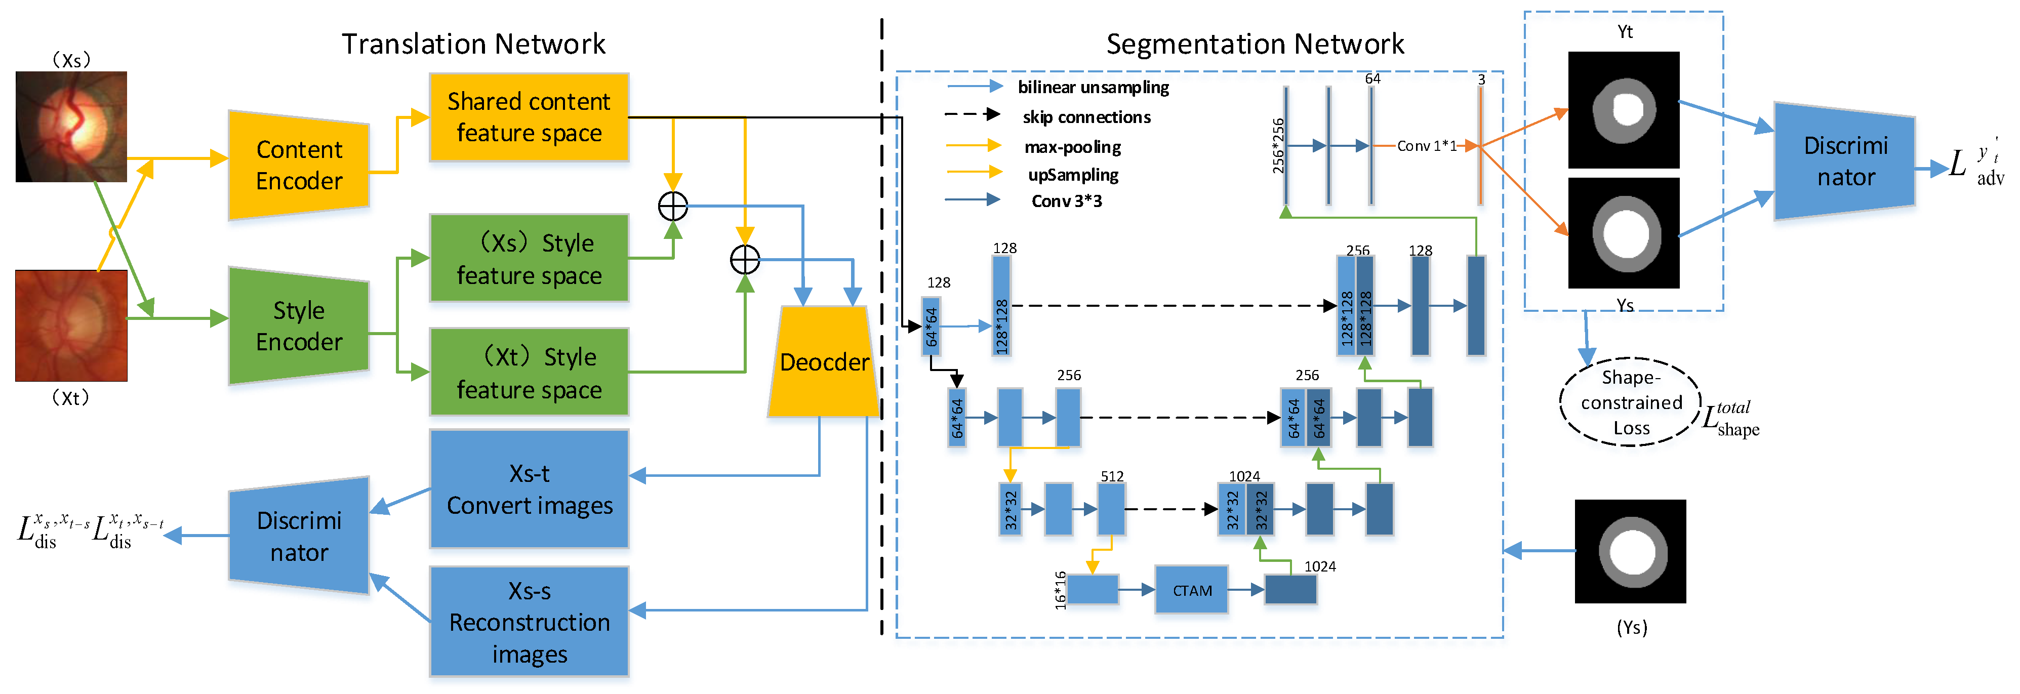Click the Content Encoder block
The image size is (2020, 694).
coord(299,165)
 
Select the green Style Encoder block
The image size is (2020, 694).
coord(299,325)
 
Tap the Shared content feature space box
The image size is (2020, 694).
coord(529,117)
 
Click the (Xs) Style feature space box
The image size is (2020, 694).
coord(529,258)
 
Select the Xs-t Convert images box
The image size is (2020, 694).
coord(529,488)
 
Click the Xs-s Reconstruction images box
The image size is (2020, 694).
coord(529,621)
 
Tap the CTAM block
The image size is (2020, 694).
coord(1191,590)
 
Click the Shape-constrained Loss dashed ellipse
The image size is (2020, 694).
coord(1630,402)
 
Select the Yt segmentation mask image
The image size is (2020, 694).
coord(1623,110)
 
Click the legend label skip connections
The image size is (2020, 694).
coord(1086,117)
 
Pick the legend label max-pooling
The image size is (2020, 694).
coord(1072,147)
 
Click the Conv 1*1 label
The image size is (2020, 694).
coord(1426,146)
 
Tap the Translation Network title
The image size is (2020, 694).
coord(473,44)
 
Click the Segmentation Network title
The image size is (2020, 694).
coord(1255,44)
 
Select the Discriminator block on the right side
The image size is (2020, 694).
coord(1844,161)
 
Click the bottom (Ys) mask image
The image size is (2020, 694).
coord(1630,551)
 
